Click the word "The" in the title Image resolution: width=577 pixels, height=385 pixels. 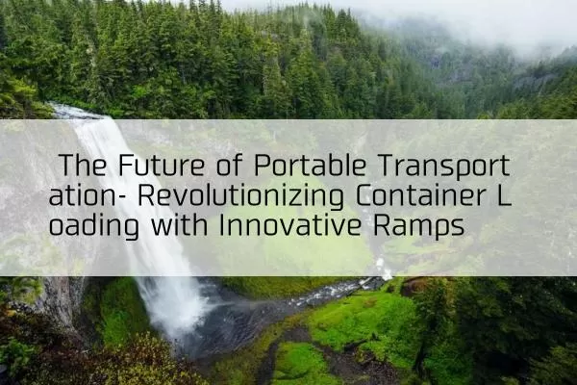(83, 165)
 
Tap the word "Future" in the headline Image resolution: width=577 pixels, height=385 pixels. (162, 165)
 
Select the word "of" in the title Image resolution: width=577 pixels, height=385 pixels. (229, 165)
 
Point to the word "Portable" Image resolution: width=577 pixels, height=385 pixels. (310, 165)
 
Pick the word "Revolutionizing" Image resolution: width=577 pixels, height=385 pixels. (240, 196)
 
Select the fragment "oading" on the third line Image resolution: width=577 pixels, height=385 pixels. (94, 226)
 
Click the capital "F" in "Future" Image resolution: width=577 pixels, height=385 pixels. (125, 165)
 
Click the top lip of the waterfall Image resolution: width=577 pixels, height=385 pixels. (80, 112)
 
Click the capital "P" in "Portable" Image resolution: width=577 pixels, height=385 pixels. (262, 165)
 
